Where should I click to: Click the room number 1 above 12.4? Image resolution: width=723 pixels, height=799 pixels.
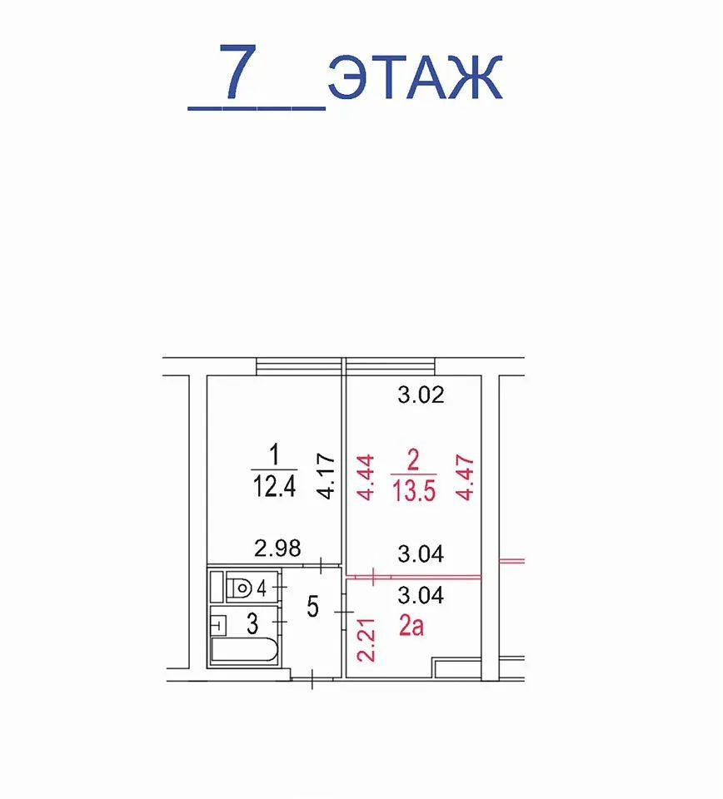pyautogui.click(x=274, y=455)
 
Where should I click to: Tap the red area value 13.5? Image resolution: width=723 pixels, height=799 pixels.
pyautogui.click(x=414, y=487)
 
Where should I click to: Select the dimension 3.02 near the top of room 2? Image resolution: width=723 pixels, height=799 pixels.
pyautogui.click(x=420, y=395)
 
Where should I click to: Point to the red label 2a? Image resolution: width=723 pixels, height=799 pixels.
pyautogui.click(x=411, y=625)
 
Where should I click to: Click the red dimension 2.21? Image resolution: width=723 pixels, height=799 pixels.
pyautogui.click(x=366, y=639)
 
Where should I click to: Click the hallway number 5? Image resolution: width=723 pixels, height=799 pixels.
pyautogui.click(x=312, y=606)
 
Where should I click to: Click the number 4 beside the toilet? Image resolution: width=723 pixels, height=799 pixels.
pyautogui.click(x=262, y=588)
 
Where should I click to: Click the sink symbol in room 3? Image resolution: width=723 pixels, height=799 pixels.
pyautogui.click(x=218, y=620)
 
